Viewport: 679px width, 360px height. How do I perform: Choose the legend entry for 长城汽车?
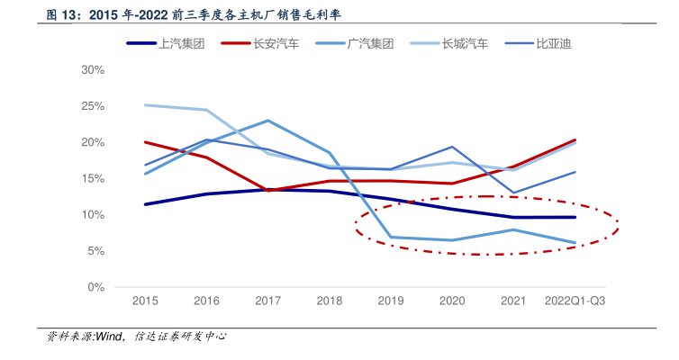[x=465, y=43]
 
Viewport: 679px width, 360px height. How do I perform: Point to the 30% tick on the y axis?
[x=93, y=70]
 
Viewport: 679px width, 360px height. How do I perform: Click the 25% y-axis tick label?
[x=93, y=106]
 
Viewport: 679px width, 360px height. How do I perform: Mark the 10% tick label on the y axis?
[x=93, y=215]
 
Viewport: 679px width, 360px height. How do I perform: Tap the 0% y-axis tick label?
[x=96, y=287]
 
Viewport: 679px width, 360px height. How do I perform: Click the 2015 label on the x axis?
[x=145, y=301]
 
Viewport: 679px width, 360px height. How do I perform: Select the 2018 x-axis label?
[x=330, y=301]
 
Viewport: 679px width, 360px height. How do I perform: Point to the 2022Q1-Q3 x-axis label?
[x=575, y=301]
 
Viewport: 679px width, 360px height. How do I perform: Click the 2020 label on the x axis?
[x=452, y=301]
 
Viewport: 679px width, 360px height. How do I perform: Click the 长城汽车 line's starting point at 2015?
[x=145, y=105]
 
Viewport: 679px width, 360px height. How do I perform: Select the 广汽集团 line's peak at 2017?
[x=268, y=121]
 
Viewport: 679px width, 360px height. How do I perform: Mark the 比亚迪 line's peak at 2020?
[x=452, y=147]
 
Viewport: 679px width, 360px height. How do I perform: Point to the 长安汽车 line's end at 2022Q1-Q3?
[x=575, y=140]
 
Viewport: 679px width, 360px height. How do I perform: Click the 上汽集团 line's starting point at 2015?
[x=145, y=204]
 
